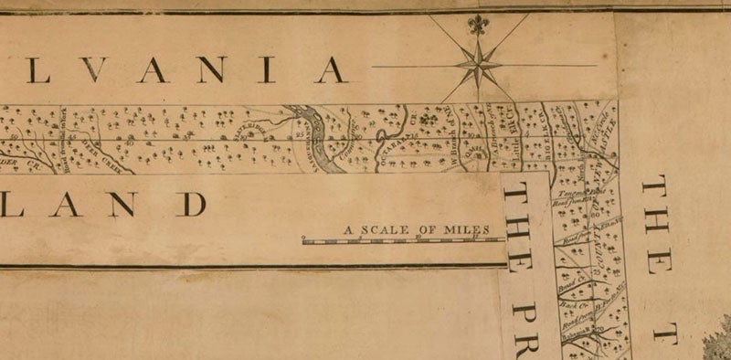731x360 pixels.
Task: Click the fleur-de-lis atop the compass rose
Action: (x=477, y=25)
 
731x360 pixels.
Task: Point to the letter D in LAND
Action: (x=191, y=204)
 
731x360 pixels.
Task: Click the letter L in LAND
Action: (x=64, y=204)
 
